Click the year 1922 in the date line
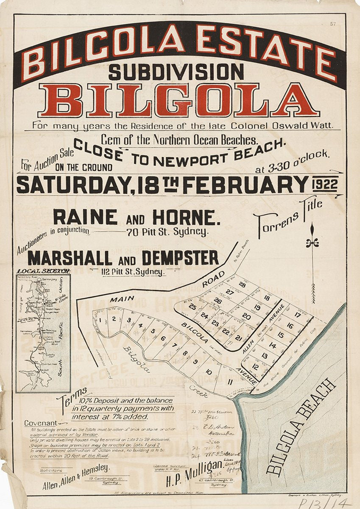[x=324, y=185]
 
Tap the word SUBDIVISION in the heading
[x=176, y=71]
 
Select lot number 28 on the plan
[x=242, y=285]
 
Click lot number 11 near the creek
[x=229, y=382]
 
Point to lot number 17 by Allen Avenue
[x=297, y=315]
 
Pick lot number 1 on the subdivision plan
[x=100, y=320]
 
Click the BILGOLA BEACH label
[x=301, y=426]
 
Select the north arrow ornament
[x=313, y=263]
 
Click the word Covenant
[x=40, y=423]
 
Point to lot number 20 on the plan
[x=246, y=316]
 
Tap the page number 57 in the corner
[x=333, y=24]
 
